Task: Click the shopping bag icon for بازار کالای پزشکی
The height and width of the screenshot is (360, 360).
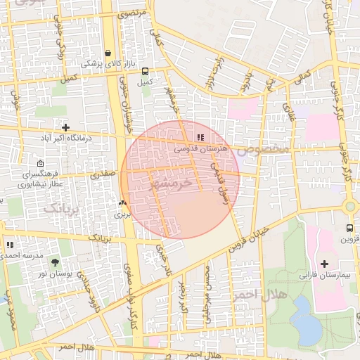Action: tap(108, 53)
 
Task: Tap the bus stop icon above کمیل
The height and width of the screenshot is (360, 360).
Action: tap(146, 71)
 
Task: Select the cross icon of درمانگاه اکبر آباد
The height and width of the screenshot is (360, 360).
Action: tap(65, 128)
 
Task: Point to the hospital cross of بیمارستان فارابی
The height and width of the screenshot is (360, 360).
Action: tap(323, 264)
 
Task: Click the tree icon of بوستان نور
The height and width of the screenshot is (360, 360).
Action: tap(56, 262)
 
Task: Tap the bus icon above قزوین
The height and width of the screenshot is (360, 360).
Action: tap(349, 229)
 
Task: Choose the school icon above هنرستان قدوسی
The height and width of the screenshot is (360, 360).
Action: tap(200, 138)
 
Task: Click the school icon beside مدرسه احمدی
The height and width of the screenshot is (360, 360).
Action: tap(10, 245)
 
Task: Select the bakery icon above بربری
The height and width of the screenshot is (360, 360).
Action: tap(122, 203)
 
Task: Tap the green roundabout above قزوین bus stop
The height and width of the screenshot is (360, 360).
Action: tap(350, 207)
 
